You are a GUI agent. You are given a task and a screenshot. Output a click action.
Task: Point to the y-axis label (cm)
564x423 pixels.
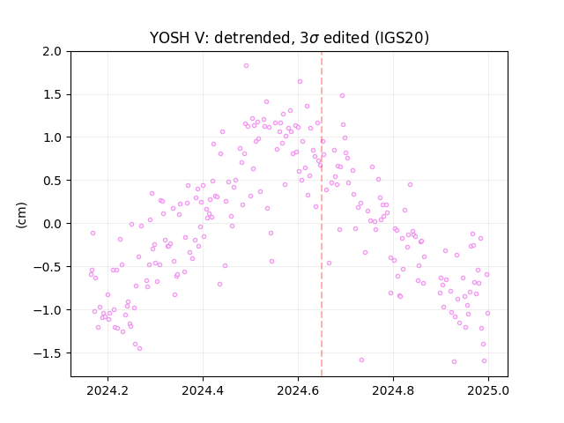point(21,215)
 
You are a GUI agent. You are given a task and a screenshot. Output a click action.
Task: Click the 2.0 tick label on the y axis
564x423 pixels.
point(52,51)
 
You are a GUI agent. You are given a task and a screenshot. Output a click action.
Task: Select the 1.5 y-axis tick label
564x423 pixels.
point(52,94)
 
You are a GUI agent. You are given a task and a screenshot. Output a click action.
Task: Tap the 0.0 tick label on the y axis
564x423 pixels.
point(52,224)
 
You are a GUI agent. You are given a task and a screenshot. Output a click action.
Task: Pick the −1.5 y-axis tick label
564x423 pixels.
point(48,353)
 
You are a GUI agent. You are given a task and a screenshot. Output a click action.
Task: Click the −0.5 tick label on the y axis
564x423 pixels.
point(48,267)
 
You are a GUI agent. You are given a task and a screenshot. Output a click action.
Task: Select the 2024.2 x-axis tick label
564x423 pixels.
point(108,390)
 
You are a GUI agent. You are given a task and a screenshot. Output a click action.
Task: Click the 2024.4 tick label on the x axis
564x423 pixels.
point(203,390)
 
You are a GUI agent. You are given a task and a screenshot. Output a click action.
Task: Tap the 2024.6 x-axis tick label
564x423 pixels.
point(298,390)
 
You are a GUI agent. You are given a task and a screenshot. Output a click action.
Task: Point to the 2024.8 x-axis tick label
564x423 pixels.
point(393,390)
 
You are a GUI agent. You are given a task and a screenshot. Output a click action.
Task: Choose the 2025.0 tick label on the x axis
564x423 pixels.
point(488,390)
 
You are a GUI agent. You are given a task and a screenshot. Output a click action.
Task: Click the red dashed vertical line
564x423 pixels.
point(322,214)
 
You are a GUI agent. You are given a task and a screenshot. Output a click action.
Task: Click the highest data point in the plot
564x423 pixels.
point(247,66)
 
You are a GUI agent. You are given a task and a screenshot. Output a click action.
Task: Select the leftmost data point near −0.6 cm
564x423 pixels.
point(91,274)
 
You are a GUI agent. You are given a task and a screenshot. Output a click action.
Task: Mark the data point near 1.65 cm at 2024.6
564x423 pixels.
point(300,82)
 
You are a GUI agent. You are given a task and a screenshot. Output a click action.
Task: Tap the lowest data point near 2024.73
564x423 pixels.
point(362,360)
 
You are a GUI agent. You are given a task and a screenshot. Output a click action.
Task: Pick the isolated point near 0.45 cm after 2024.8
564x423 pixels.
point(410,184)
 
